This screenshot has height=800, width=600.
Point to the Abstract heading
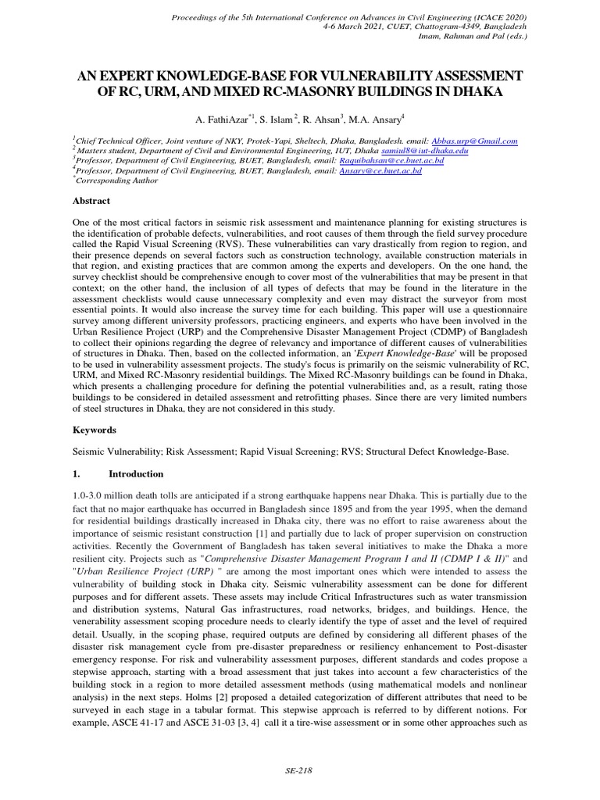point(91,200)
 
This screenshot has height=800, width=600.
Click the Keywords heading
point(94,430)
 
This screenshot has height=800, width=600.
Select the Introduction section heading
point(136,473)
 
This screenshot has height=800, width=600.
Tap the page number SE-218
point(299,770)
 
